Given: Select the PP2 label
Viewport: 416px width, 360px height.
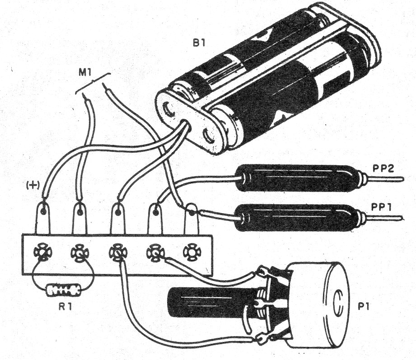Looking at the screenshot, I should (383, 169).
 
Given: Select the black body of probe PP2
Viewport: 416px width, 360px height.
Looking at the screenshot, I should (298, 178).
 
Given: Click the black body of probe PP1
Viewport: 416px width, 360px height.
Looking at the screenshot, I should (298, 217).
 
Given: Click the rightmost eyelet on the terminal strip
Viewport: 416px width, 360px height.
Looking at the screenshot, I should (192, 253).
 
